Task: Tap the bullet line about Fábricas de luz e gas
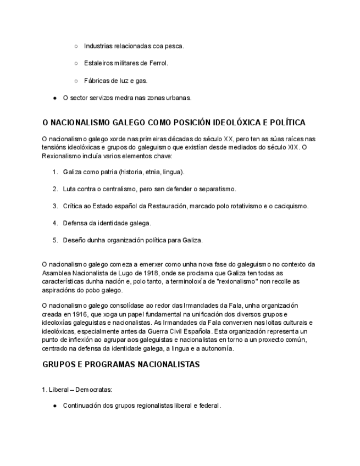tap(115, 81)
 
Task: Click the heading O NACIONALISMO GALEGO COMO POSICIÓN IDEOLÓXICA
tap(174, 123)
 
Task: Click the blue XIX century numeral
tap(293, 147)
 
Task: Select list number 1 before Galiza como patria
tap(55, 172)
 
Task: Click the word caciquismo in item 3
tap(289, 206)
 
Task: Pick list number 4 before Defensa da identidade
tap(55, 223)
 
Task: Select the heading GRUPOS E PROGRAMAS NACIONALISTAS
tap(121, 364)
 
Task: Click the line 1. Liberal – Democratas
tap(77, 390)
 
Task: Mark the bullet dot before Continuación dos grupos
tap(55, 406)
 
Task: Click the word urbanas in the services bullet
tap(177, 98)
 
